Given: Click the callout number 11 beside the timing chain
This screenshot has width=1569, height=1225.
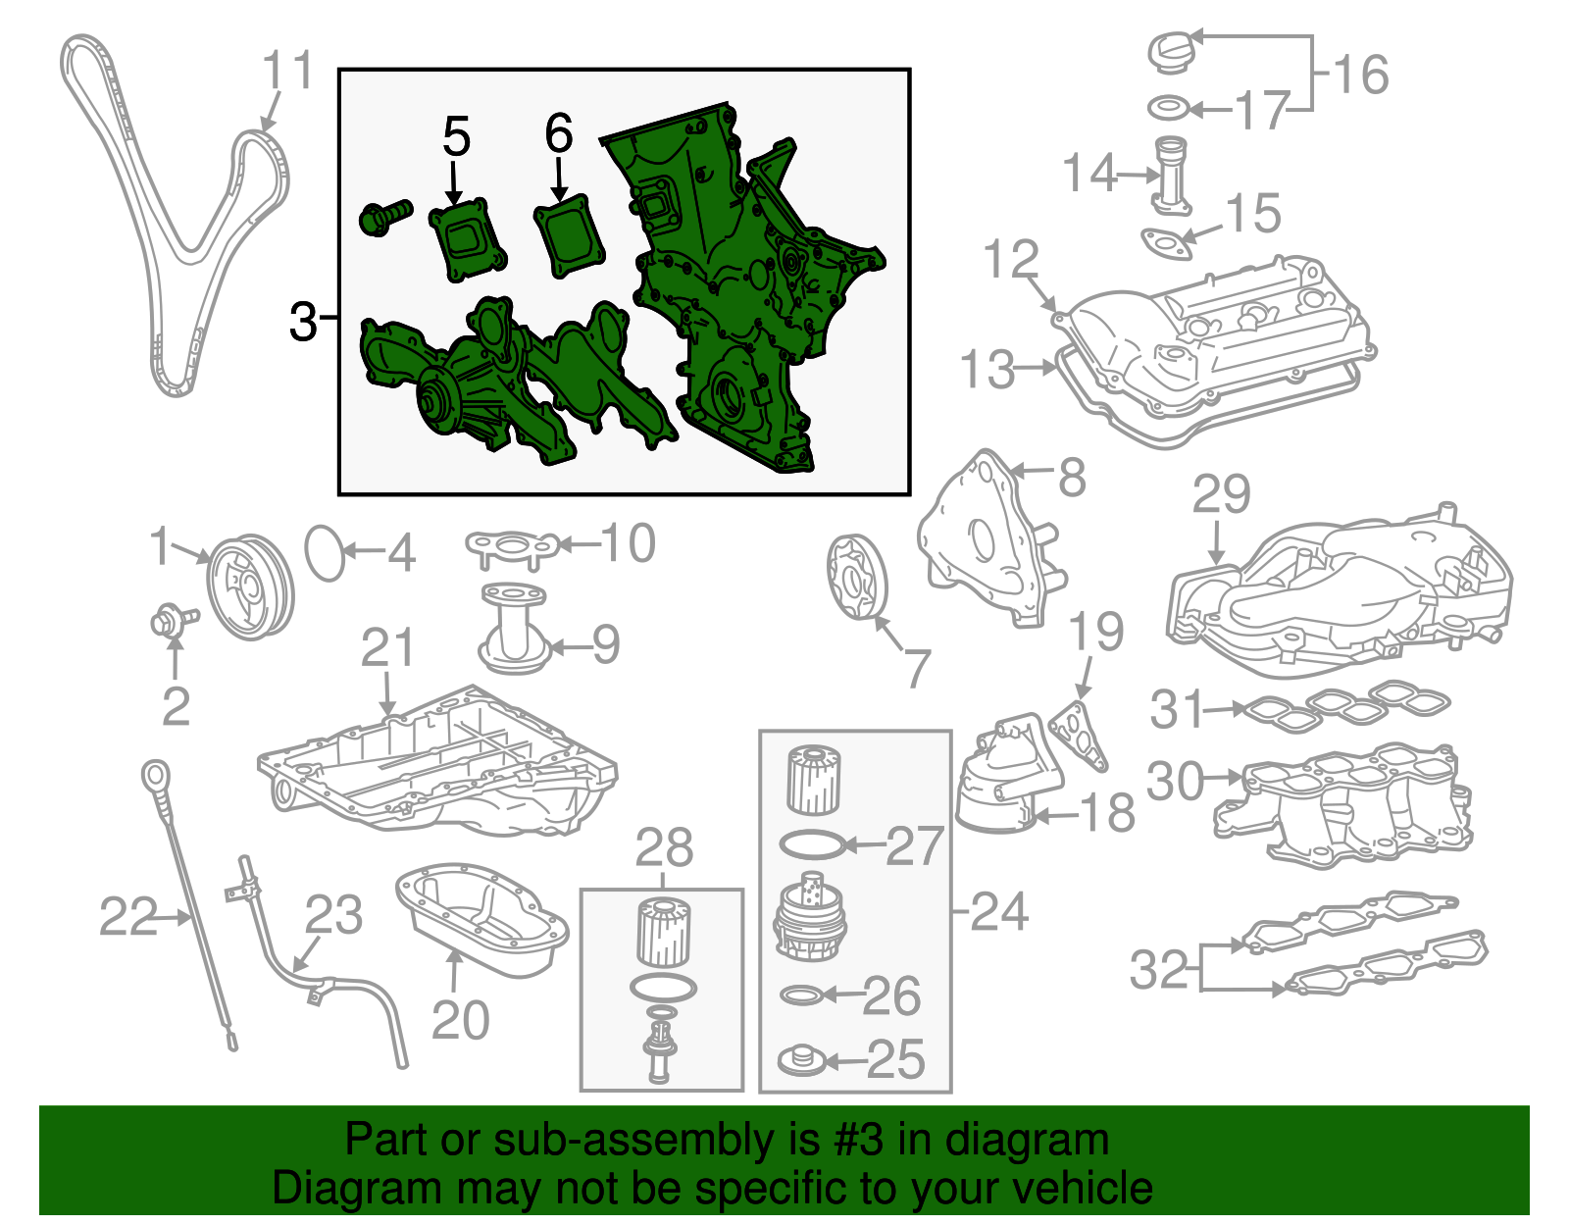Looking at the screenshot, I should (x=287, y=71).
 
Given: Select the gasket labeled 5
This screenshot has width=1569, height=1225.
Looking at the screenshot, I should (x=468, y=239).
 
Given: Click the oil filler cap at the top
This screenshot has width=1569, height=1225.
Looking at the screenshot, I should (x=1173, y=51).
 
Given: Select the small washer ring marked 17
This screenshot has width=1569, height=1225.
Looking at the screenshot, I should (x=1168, y=107).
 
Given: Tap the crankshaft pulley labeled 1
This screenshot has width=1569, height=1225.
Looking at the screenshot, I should (x=251, y=587).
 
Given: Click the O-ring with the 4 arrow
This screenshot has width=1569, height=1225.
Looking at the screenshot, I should (x=326, y=553).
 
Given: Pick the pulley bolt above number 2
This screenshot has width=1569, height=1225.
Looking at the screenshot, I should (x=172, y=620).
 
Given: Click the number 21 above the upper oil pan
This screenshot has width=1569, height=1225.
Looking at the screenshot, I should (x=388, y=648).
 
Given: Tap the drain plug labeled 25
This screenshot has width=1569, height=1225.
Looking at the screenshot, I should (x=800, y=1059).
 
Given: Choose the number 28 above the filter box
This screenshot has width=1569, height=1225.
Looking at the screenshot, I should (x=664, y=847).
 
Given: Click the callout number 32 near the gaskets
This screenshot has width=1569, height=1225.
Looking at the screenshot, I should (x=1158, y=969).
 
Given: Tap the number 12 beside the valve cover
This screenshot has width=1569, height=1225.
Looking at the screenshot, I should (x=1011, y=259).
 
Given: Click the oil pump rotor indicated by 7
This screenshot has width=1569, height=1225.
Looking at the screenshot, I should (x=855, y=578).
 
